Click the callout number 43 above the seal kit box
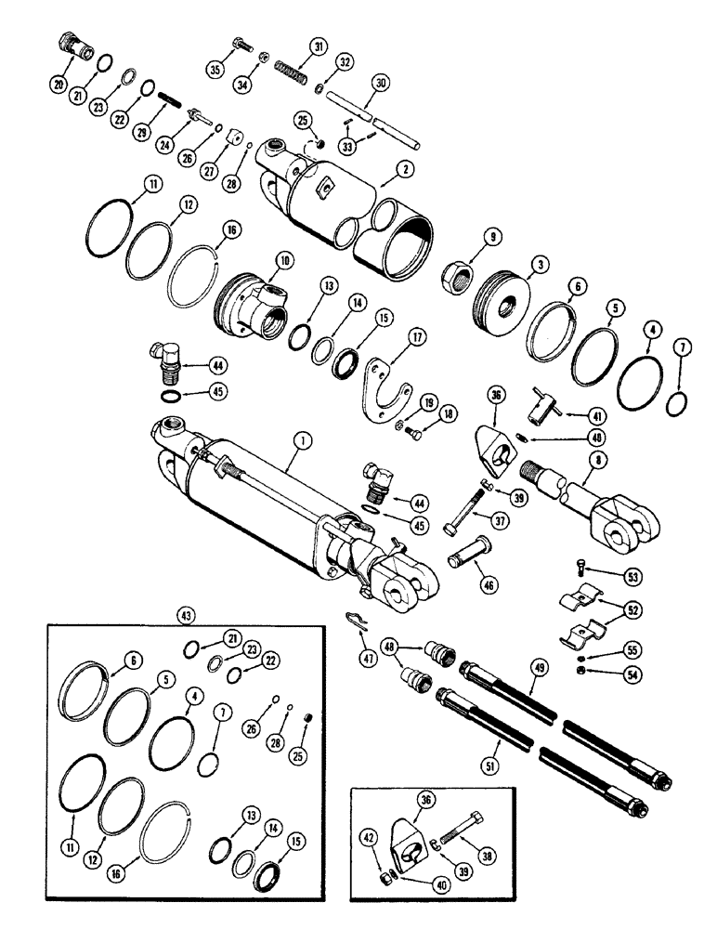183,614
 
